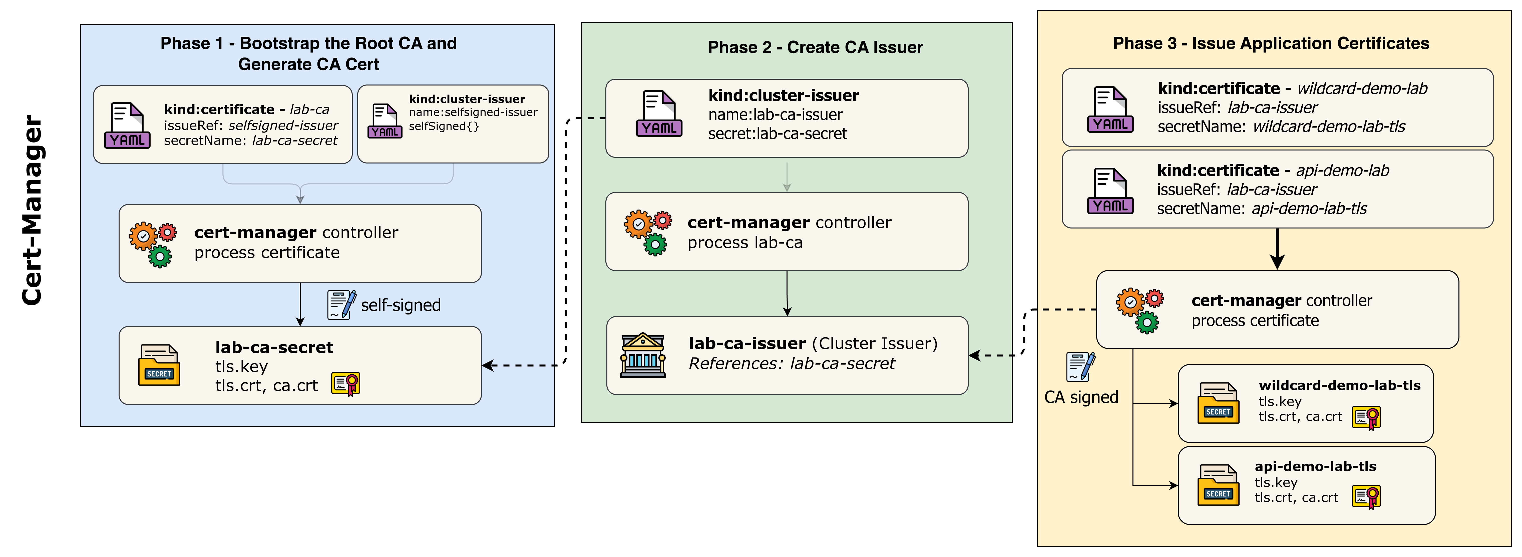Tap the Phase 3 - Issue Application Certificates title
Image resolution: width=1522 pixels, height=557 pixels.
pyautogui.click(x=1271, y=43)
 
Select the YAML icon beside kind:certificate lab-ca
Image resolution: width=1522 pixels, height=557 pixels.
pyautogui.click(x=127, y=125)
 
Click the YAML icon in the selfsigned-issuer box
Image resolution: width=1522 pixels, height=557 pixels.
pyautogui.click(x=385, y=121)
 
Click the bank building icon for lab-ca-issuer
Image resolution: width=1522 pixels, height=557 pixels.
pyautogui.click(x=643, y=355)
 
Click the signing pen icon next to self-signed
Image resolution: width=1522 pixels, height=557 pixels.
pyautogui.click(x=341, y=305)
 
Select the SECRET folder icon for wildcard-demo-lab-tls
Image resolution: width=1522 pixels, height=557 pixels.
pyautogui.click(x=1218, y=403)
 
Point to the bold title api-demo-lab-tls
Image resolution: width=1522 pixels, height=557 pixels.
pyautogui.click(x=1315, y=466)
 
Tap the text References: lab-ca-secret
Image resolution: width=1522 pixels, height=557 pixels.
pyautogui.click(x=792, y=363)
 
